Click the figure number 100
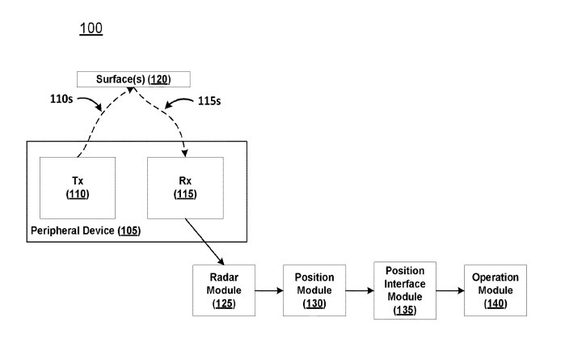pyautogui.click(x=91, y=29)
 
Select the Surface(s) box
pyautogui.click(x=133, y=79)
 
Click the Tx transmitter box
pyautogui.click(x=78, y=188)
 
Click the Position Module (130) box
pyautogui.click(x=314, y=289)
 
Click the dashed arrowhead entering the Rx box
pyautogui.click(x=188, y=150)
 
